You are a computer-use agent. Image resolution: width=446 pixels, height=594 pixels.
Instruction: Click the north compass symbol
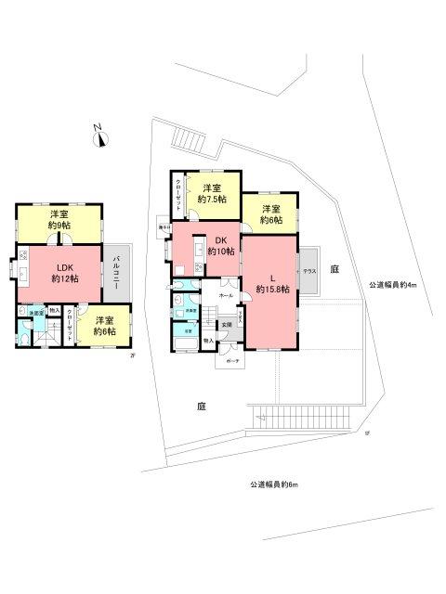[x=101, y=138]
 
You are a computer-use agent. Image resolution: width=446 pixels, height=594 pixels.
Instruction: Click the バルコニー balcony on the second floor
[x=117, y=273]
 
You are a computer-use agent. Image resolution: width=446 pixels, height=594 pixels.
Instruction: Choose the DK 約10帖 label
[x=218, y=245]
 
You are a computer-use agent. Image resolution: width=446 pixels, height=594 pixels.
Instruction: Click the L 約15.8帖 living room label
[x=271, y=283]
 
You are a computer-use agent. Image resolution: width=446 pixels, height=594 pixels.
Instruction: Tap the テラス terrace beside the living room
[x=308, y=271]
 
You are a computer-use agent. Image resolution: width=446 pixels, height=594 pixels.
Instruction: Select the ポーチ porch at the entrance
[x=229, y=359]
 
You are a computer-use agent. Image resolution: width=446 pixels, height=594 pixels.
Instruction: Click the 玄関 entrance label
[x=227, y=324]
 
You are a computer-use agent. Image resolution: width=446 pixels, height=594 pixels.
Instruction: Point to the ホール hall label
[x=226, y=295]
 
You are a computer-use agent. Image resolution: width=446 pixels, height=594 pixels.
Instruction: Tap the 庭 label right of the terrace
[x=334, y=267]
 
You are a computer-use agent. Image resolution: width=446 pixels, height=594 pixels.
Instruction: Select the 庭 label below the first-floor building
[x=200, y=406]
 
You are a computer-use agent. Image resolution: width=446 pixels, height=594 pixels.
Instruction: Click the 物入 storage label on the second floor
[x=54, y=311]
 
